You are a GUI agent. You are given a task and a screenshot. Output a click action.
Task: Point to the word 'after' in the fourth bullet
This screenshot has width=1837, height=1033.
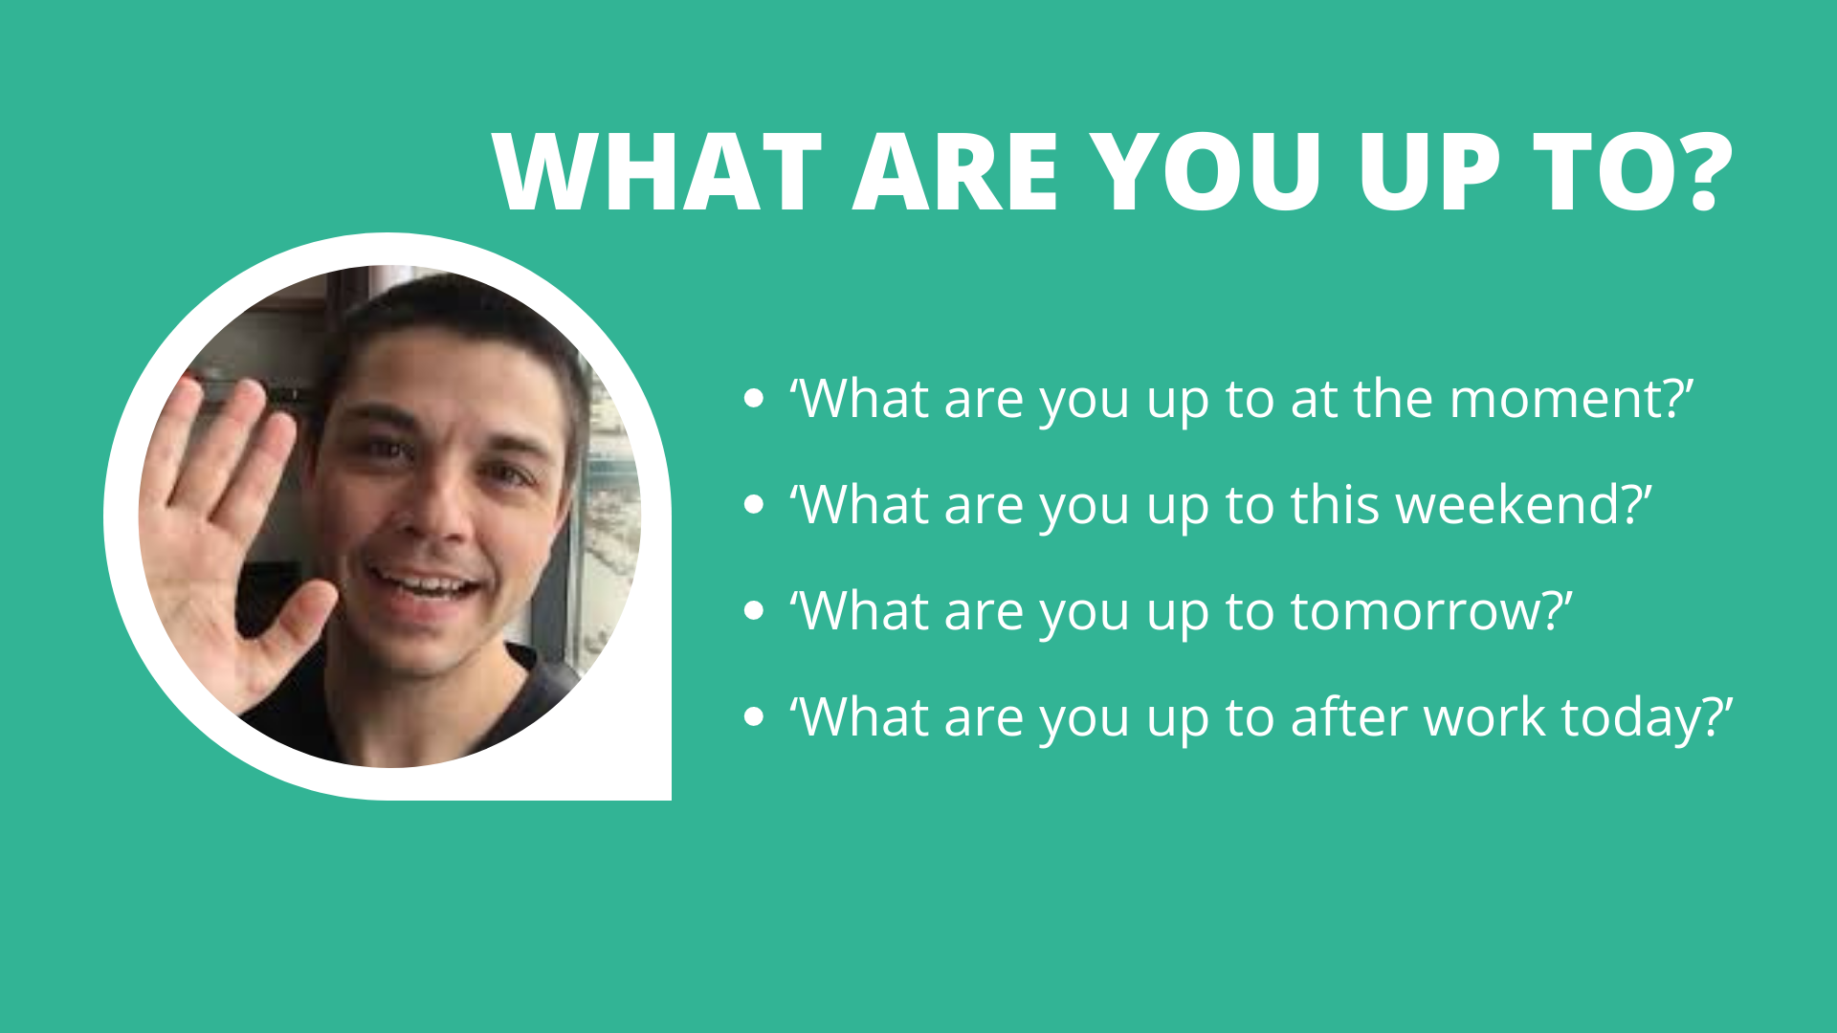1348,717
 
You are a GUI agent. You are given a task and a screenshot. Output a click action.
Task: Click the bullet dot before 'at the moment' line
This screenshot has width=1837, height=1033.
754,399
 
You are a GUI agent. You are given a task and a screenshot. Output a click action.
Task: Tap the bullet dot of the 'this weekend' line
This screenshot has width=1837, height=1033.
754,505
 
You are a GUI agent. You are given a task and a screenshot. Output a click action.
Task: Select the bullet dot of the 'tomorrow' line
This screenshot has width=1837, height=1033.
754,611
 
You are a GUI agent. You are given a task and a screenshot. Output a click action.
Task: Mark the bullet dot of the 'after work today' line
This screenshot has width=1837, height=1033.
754,717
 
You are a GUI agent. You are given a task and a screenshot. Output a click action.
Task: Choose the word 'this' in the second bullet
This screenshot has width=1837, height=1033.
1335,505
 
